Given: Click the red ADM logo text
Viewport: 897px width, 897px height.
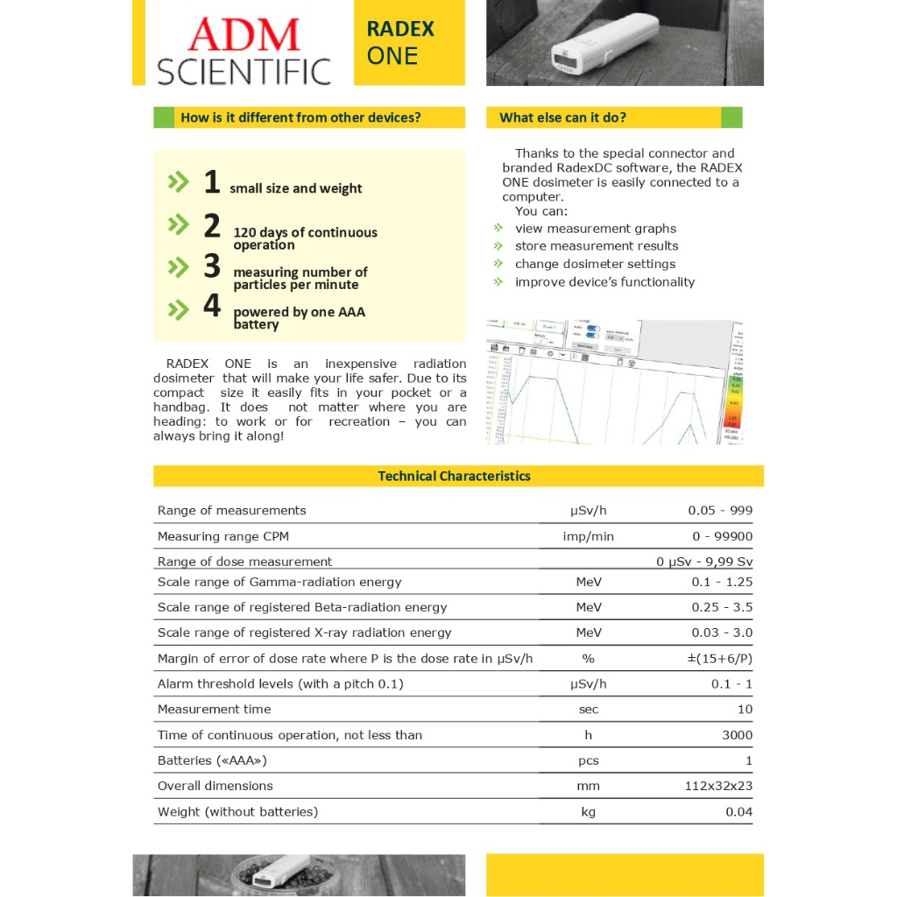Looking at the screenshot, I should [244, 34].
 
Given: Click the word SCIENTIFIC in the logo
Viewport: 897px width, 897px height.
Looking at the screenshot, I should [244, 71].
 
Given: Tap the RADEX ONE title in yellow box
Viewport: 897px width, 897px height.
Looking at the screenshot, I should [399, 42].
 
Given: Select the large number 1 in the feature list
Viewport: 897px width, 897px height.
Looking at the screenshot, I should [211, 182].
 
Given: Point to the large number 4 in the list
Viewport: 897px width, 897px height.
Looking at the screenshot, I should [211, 306].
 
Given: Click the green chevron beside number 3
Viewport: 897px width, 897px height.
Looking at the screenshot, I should [178, 266].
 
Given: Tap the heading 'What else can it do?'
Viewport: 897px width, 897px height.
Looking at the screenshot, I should [562, 117].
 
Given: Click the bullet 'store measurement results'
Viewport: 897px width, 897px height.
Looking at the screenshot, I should [596, 246].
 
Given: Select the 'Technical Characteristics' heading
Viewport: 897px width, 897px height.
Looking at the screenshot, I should [454, 477].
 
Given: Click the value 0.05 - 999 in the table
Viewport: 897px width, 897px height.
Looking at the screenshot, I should [720, 511].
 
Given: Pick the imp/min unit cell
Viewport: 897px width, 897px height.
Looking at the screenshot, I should [588, 536].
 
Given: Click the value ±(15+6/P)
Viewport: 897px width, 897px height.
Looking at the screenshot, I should [719, 659].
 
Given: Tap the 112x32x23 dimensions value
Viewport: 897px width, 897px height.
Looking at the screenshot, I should [718, 786].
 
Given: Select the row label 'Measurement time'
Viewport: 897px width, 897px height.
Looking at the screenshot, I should [215, 710].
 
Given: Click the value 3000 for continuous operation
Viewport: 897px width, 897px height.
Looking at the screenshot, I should [737, 735].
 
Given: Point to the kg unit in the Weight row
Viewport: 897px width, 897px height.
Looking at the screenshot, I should [588, 812].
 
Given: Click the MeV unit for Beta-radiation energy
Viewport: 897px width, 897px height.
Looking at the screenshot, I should [588, 607].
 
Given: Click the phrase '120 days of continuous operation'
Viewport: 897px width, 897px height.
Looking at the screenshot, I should [305, 238].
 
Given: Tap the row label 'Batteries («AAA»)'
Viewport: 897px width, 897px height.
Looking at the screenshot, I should [212, 760].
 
